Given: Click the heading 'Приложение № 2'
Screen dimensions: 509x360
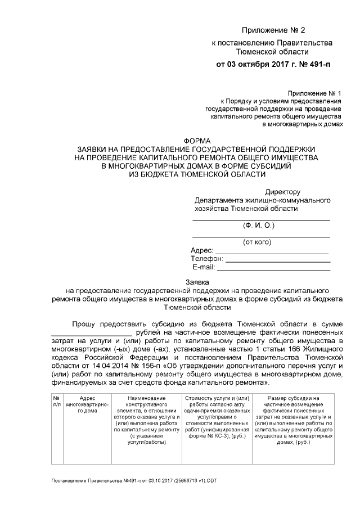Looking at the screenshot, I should tap(272, 29).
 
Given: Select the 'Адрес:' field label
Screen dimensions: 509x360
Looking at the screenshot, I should tap(202, 250).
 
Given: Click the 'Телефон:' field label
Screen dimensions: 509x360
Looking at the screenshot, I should tap(207, 259).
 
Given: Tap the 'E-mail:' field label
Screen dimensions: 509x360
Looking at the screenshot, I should tap(204, 267).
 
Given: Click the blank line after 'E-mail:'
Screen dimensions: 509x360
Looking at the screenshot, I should tap(273, 269).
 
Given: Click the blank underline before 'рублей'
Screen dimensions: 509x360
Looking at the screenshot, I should tap(87, 334).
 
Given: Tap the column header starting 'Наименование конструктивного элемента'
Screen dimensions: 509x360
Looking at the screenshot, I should tap(146, 420).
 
